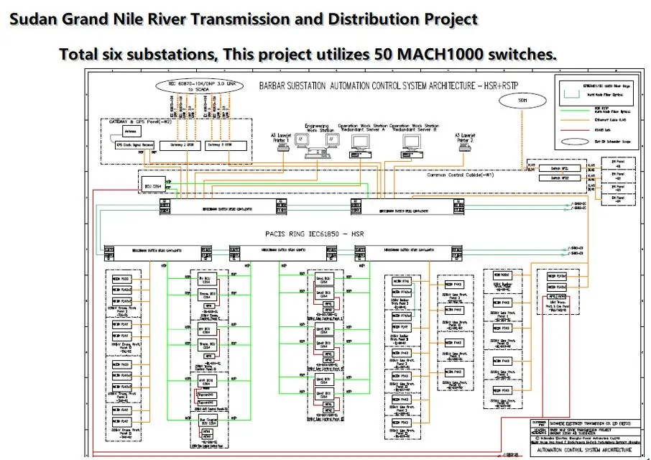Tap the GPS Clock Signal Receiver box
click(135, 145)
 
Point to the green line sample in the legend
click(575, 116)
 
